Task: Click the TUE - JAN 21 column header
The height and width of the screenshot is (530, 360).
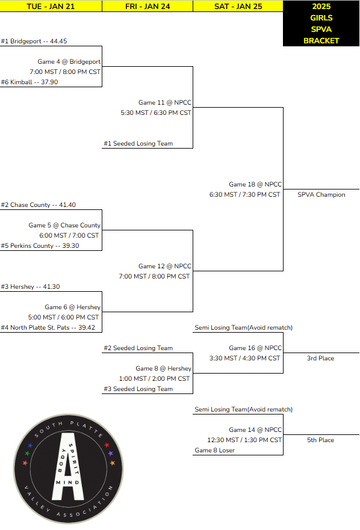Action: click(51, 6)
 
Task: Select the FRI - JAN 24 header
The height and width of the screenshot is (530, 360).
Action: click(147, 6)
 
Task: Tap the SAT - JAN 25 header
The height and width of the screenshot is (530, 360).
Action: click(238, 6)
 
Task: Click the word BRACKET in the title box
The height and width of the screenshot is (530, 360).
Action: click(321, 41)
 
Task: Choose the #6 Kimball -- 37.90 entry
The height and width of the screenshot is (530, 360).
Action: click(29, 82)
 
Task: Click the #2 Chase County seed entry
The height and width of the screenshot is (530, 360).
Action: click(39, 205)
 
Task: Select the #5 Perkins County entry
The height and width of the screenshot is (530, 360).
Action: click(40, 246)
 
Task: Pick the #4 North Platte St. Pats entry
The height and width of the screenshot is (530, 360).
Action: click(48, 328)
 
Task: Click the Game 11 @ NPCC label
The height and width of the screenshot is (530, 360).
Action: click(164, 103)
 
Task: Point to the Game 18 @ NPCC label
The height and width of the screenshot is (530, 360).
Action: click(255, 185)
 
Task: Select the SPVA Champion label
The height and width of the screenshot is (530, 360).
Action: click(321, 195)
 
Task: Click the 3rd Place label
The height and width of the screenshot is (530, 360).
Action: click(320, 359)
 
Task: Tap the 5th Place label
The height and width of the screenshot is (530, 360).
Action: click(320, 440)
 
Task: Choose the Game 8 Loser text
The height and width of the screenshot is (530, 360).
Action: click(214, 450)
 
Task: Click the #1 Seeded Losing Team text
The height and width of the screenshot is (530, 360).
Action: click(138, 144)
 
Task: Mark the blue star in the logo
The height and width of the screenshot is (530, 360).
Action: click(30, 446)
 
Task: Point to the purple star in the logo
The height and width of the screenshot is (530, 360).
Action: click(110, 453)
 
